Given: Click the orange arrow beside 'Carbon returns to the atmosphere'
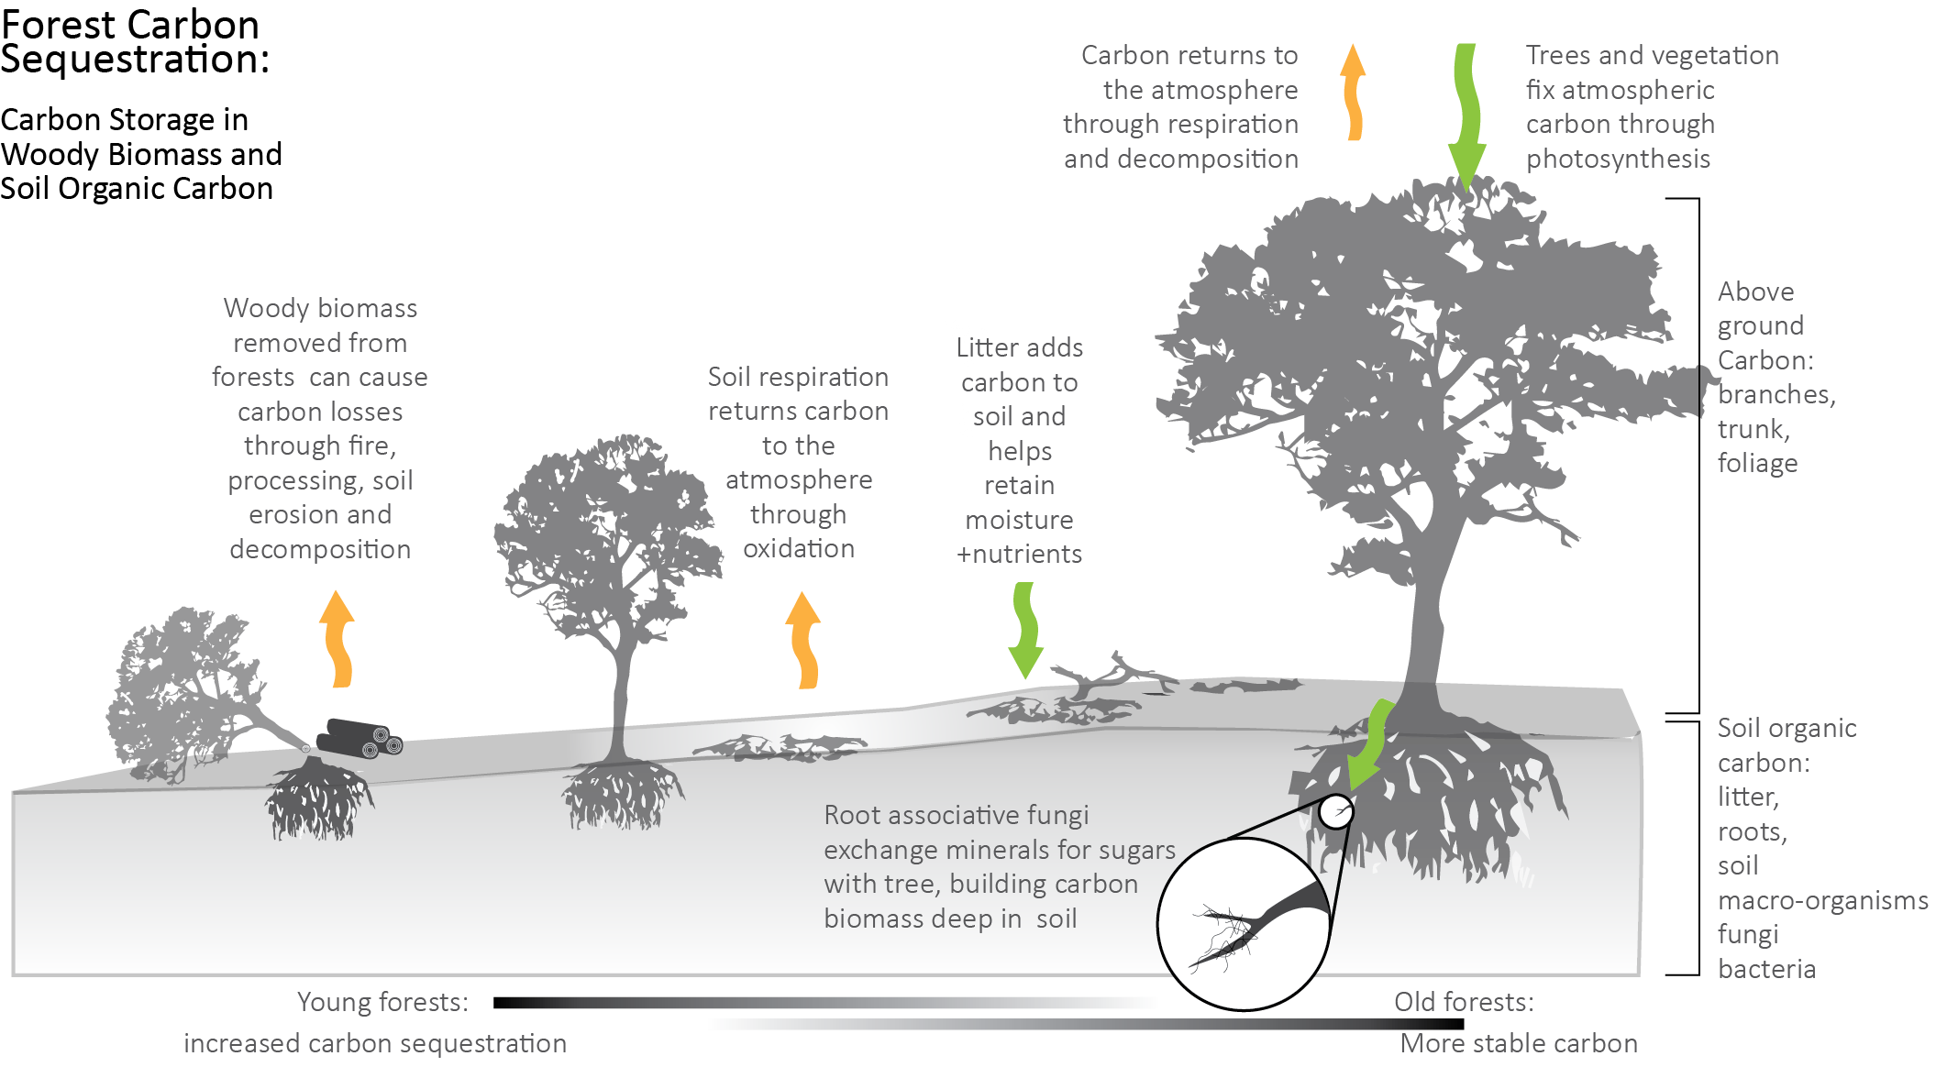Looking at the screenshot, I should point(1353,92).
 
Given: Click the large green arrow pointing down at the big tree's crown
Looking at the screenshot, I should point(1466,115).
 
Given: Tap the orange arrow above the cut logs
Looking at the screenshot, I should point(338,639).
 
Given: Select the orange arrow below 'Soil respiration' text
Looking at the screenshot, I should point(803,640).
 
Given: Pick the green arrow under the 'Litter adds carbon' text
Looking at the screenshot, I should point(1024,631).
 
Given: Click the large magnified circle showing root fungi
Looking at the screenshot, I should point(1243,926).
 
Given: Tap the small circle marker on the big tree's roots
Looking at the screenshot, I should point(1335,811).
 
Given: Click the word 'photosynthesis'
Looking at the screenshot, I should point(1618,159).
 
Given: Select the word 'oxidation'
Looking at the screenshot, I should point(798,549).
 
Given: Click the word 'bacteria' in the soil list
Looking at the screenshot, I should point(1766,969).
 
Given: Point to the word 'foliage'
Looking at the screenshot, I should point(1757,464).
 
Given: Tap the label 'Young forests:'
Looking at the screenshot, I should point(382,1003).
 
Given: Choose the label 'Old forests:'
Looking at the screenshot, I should point(1464,1002).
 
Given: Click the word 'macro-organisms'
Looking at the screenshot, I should point(1822,901).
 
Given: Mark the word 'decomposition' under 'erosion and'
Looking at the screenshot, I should point(320,549).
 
